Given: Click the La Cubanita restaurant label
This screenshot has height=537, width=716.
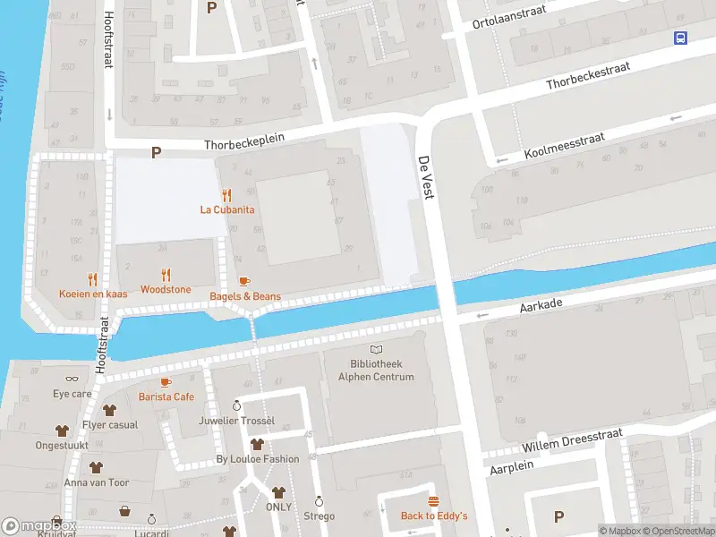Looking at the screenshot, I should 226,209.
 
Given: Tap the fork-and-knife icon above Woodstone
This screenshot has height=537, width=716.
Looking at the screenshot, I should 166,275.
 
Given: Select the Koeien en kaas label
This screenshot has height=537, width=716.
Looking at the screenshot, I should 93,294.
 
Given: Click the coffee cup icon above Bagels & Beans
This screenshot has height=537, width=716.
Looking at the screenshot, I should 244,281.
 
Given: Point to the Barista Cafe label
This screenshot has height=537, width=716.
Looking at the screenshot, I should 166,396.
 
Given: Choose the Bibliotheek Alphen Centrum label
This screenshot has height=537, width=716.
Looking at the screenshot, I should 376,371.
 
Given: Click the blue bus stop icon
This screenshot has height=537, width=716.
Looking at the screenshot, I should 681,38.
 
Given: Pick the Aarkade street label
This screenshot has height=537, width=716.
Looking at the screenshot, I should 541,306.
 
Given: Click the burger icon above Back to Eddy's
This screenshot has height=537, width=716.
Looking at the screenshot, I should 433,501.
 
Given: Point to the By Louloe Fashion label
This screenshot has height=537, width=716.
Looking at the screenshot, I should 257,459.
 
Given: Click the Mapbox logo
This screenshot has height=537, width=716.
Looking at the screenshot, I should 38,526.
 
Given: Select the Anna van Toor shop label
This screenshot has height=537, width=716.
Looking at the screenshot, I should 96,482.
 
